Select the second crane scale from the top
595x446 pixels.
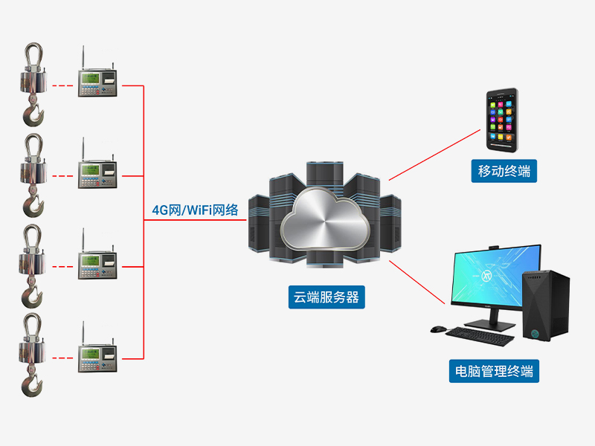32,172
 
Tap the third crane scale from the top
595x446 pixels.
32,263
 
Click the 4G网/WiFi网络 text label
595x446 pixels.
194,210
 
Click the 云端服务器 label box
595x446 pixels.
325,298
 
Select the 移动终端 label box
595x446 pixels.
504,172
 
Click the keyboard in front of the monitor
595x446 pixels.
480,337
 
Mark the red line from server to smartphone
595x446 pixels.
435,154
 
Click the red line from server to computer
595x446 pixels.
416,282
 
